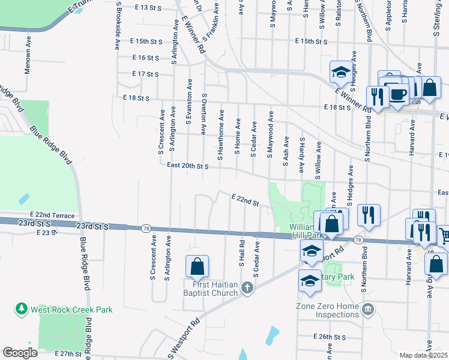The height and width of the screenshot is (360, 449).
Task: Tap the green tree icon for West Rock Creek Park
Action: coord(22,308)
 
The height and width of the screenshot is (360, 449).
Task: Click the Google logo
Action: coord(20,353)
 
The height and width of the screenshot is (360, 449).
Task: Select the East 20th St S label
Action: coord(187,166)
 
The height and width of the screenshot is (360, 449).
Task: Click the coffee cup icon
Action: coord(399,94)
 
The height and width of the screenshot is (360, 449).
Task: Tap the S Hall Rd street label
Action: coord(242,254)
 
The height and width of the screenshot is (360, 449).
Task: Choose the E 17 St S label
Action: coord(145,74)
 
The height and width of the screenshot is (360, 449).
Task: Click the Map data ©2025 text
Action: coord(424,355)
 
